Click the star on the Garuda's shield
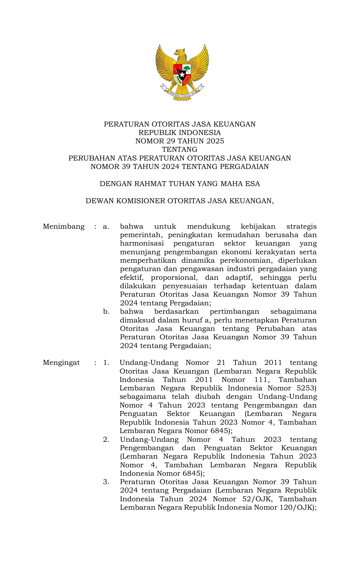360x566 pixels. [x=182, y=75]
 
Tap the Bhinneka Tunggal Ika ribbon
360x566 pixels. [x=182, y=93]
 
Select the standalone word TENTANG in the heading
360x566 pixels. [x=180, y=149]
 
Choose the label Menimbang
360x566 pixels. [x=64, y=226]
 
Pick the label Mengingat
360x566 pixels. [x=61, y=363]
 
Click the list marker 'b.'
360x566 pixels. [x=106, y=312]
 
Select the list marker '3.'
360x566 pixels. [x=106, y=482]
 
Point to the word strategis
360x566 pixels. [x=301, y=226]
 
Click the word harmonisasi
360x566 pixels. [x=142, y=243]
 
